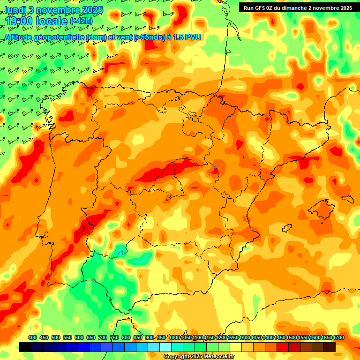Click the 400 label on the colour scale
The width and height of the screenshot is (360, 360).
[x=32, y=337]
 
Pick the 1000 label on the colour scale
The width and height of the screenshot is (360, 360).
[x=174, y=337]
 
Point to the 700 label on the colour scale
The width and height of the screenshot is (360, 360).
[x=103, y=337]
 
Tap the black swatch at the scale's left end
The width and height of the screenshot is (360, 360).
[x=25, y=347]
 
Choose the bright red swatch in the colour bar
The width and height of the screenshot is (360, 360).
[x=283, y=347]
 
